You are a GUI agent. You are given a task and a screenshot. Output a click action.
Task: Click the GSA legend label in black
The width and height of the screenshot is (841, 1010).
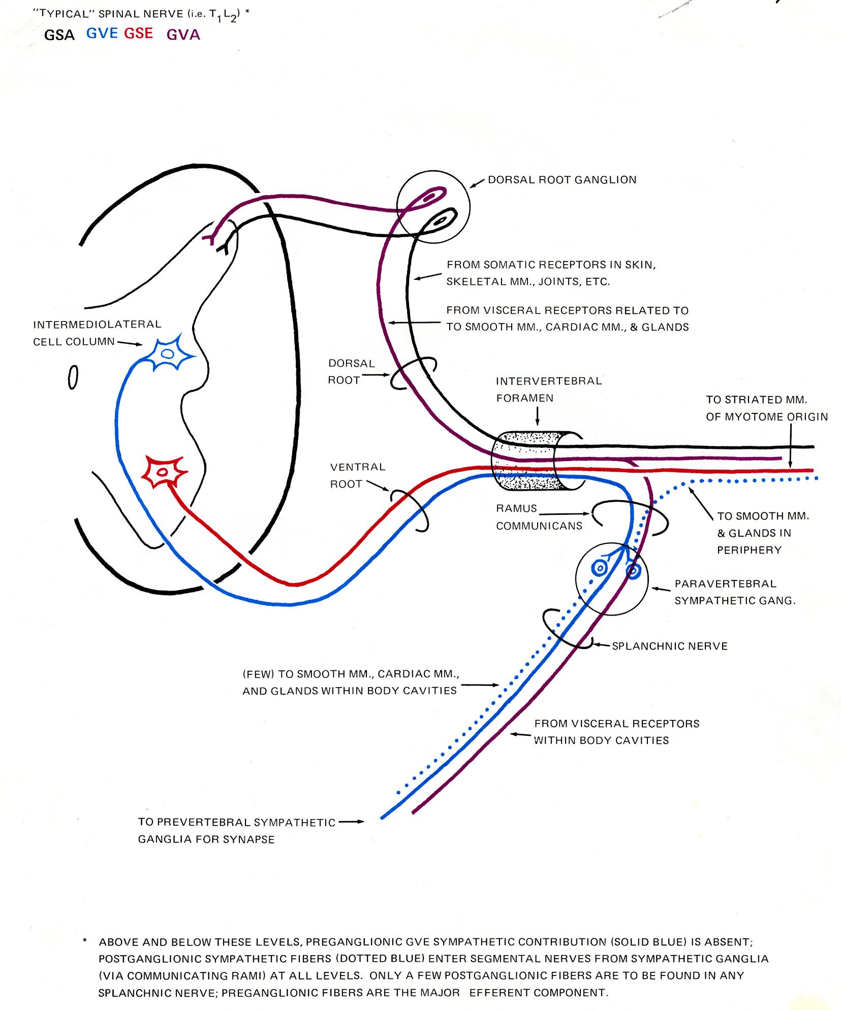(59, 35)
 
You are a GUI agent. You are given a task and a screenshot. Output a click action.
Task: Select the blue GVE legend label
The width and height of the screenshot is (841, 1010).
(102, 34)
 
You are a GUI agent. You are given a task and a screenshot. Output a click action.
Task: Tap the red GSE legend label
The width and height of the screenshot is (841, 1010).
(139, 34)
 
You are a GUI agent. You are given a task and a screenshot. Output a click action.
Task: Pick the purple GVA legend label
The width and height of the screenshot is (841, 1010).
(183, 35)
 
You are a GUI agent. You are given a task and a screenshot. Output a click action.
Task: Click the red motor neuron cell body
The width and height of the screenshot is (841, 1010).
(164, 472)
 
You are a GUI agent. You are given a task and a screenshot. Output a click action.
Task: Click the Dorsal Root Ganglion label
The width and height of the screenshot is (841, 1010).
(562, 180)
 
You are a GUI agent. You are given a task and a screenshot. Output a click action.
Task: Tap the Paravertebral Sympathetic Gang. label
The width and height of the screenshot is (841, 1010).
(735, 592)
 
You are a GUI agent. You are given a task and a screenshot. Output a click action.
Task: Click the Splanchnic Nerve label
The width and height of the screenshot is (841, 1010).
(670, 646)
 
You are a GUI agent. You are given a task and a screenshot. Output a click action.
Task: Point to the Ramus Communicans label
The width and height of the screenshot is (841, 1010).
(539, 517)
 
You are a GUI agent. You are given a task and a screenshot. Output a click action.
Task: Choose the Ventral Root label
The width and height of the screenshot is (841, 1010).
(358, 475)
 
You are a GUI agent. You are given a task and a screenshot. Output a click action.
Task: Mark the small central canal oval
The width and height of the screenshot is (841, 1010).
(73, 378)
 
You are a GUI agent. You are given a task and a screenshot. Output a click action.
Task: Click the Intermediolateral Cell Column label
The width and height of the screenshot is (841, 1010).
(97, 333)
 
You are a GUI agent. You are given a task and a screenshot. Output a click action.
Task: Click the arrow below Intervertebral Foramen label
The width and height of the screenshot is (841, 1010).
(537, 416)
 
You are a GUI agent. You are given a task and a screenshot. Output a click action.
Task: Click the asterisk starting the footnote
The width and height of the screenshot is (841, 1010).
(85, 941)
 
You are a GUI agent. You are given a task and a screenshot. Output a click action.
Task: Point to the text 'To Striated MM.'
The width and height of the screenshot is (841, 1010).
(756, 400)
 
